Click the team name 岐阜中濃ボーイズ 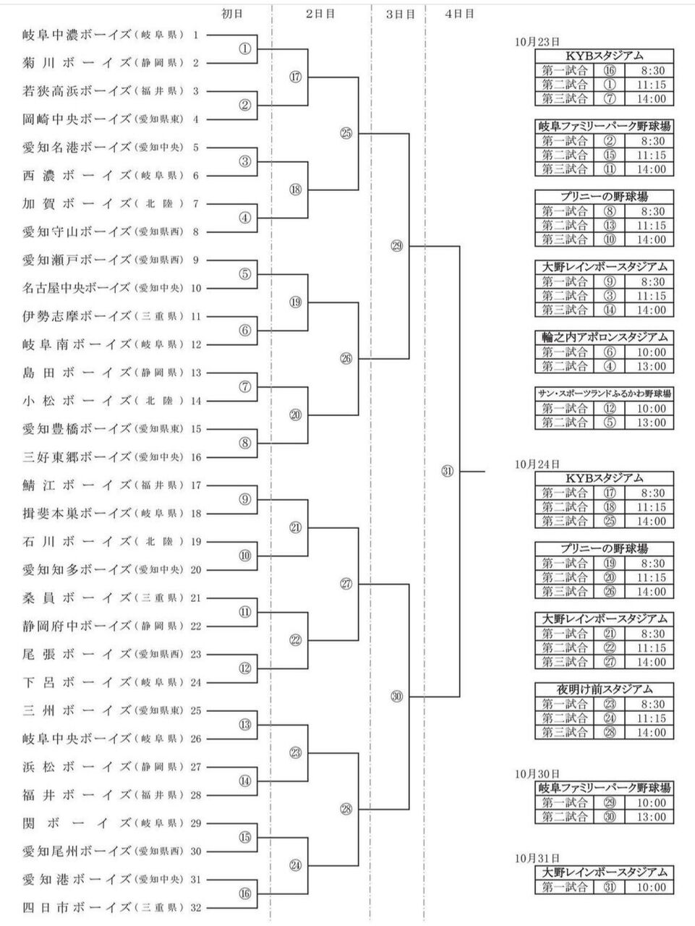(77, 35)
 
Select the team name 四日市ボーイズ (77, 908)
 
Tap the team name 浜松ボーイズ (77, 767)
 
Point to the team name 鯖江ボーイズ (77, 485)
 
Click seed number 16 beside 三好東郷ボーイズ (196, 457)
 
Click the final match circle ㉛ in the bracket (447, 472)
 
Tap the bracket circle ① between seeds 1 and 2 (245, 48)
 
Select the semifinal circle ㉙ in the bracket (396, 246)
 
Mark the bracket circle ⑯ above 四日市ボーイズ (245, 893)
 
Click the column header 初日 (232, 14)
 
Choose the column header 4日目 (460, 14)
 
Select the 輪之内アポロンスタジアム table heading (605, 338)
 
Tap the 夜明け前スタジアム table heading (605, 689)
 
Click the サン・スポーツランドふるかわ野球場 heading (605, 394)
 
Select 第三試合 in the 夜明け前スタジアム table (565, 732)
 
